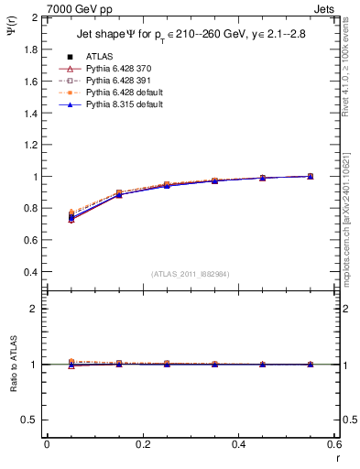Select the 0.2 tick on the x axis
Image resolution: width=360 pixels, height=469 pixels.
pyautogui.click(x=143, y=444)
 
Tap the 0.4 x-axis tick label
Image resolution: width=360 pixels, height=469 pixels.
pyautogui.click(x=238, y=444)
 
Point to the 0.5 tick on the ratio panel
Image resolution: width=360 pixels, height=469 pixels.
pyautogui.click(x=30, y=420)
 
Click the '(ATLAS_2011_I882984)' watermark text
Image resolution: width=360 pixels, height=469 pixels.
pyautogui.click(x=191, y=274)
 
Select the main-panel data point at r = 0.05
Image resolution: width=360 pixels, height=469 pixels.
pyautogui.click(x=71, y=217)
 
